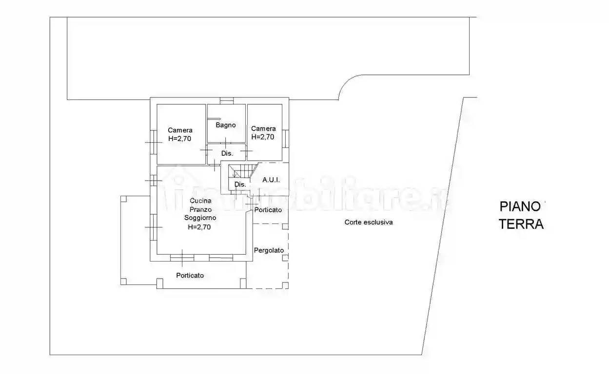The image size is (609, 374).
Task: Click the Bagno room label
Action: [226, 125]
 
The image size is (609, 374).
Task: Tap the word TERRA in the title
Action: [521, 224]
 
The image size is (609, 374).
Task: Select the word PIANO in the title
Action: [520, 206]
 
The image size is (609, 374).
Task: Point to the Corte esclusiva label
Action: [369, 222]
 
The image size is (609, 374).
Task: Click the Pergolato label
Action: [269, 250]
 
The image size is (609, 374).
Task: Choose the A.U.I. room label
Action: [271, 180]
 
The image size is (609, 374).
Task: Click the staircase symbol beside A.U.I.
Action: [244, 171]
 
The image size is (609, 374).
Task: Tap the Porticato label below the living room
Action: [190, 276]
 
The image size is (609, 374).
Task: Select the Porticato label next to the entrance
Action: [268, 210]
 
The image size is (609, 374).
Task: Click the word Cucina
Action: [200, 201]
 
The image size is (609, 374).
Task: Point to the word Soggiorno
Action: [200, 218]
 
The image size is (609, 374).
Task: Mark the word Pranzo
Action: [200, 209]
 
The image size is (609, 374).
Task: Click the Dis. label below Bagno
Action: [227, 153]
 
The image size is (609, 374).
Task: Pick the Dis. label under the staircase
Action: [240, 185]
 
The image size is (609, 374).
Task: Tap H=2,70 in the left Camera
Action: [180, 138]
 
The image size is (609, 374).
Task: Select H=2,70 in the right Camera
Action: [263, 137]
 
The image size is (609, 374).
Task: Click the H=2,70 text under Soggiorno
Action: [199, 226]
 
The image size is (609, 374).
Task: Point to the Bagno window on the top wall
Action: [226, 101]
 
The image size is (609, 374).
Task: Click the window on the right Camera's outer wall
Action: [286, 138]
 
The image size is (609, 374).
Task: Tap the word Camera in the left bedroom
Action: [180, 130]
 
